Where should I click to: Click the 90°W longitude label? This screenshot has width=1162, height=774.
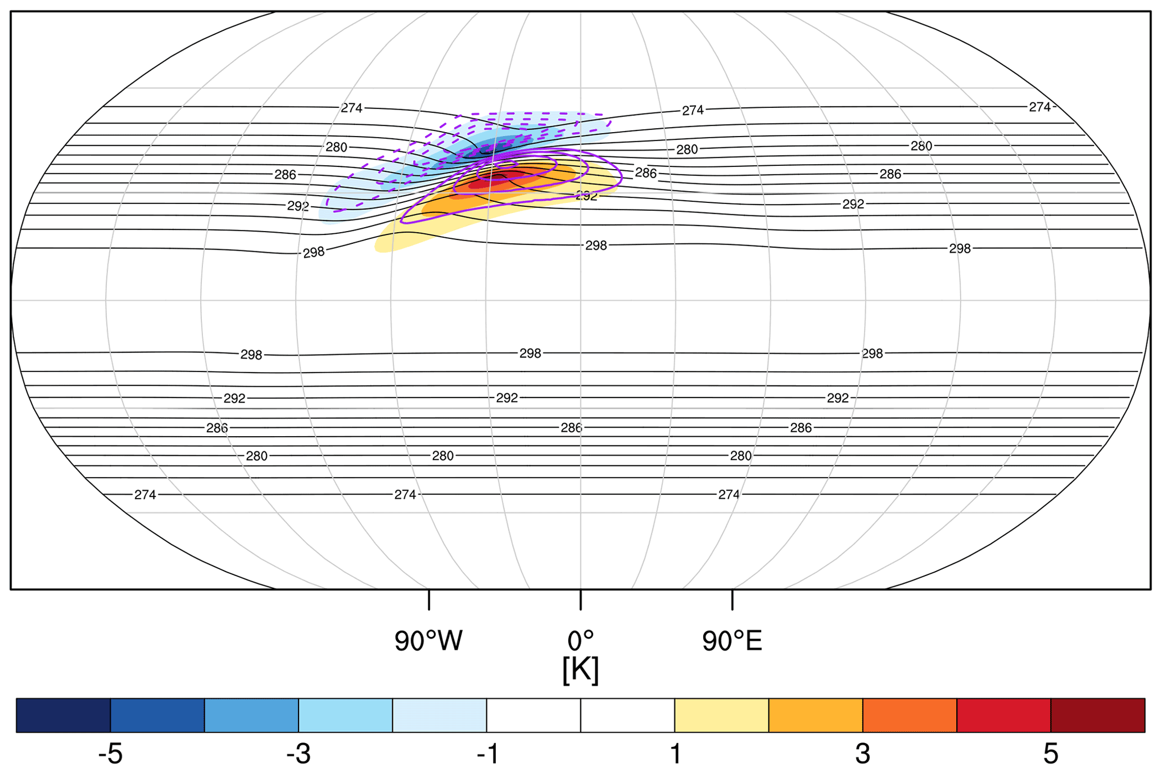pyautogui.click(x=428, y=641)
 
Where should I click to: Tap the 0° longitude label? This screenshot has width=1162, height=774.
pyautogui.click(x=580, y=641)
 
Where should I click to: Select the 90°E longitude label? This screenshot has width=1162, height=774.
pyautogui.click(x=732, y=641)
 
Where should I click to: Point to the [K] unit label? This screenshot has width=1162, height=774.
pyautogui.click(x=580, y=670)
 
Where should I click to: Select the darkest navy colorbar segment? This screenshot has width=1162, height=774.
pyautogui.click(x=63, y=716)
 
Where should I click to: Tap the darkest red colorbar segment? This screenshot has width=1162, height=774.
pyautogui.click(x=1097, y=716)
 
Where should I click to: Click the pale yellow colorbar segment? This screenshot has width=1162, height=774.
pyautogui.click(x=721, y=716)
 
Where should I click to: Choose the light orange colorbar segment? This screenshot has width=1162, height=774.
pyautogui.click(x=815, y=716)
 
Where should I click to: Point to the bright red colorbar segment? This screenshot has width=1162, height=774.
pyautogui.click(x=1003, y=716)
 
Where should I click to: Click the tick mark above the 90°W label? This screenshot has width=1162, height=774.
pyautogui.click(x=429, y=600)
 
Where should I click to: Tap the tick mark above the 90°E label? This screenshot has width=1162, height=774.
pyautogui.click(x=732, y=600)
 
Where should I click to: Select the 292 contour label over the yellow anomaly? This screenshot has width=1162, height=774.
pyautogui.click(x=586, y=196)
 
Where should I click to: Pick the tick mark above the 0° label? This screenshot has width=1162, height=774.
pyautogui.click(x=581, y=600)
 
